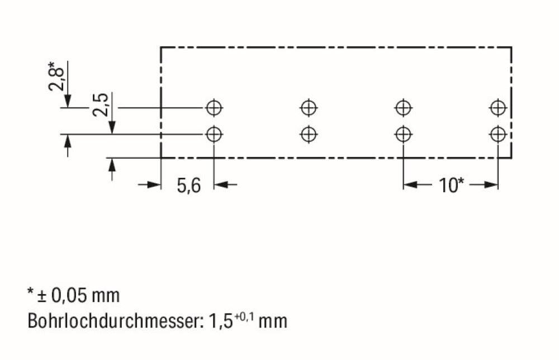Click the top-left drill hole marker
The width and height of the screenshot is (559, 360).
tap(214, 106)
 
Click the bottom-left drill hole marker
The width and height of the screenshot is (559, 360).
tap(214, 134)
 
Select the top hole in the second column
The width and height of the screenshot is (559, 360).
tap(309, 106)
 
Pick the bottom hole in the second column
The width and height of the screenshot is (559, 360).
tap(309, 134)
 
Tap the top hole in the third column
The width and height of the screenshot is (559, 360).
tap(403, 106)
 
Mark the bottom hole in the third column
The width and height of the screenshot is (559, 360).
tap(403, 134)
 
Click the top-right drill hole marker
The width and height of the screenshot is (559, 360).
tap(498, 106)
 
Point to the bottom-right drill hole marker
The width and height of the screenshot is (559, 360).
tap(498, 134)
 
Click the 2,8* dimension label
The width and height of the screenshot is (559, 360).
tap(56, 75)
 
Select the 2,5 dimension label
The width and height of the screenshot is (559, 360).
tap(101, 105)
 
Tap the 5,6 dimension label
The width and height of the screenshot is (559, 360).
tap(188, 186)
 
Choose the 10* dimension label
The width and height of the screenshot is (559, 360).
tap(451, 185)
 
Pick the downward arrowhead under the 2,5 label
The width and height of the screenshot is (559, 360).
tap(112, 128)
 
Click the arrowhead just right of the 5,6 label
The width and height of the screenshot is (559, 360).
tap(220, 184)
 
